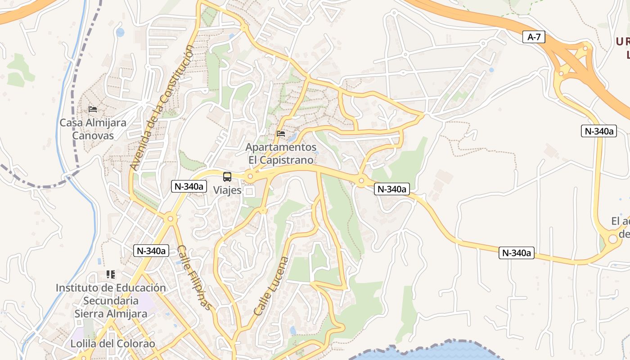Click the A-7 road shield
534,37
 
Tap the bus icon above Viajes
227,176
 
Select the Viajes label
227,190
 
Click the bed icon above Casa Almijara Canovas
93,109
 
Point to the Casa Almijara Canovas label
93,129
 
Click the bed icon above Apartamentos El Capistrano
281,133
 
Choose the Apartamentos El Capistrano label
281,153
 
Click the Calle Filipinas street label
194,277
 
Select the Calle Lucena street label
270,286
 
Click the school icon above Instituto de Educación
111,274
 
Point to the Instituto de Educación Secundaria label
111,301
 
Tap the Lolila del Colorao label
112,344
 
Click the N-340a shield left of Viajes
188,186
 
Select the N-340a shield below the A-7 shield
598,131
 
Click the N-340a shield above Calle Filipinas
151,251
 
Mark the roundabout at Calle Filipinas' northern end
170,219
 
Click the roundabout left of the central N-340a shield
361,181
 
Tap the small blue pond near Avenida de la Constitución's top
120,32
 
